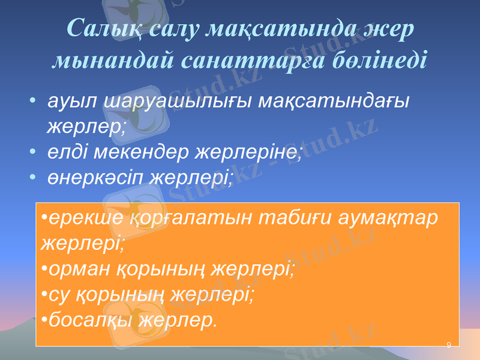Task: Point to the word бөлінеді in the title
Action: point(377,60)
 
